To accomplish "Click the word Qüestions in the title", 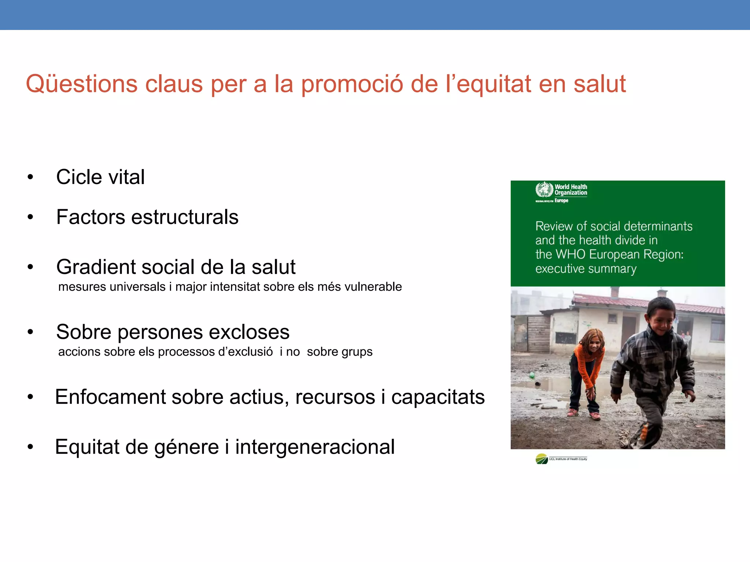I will pyautogui.click(x=81, y=84).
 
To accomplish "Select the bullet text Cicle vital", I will pyautogui.click(x=100, y=177).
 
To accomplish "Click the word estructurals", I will pyautogui.click(x=185, y=217).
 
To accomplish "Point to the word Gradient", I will pyautogui.click(x=96, y=267).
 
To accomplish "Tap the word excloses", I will pyautogui.click(x=249, y=332).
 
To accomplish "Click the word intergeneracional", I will pyautogui.click(x=315, y=447).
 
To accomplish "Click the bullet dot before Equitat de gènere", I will pyautogui.click(x=30, y=447).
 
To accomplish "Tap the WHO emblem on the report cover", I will pyautogui.click(x=544, y=190).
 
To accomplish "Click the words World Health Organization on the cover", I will pyautogui.click(x=571, y=190).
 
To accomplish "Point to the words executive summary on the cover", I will pyautogui.click(x=586, y=269).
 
